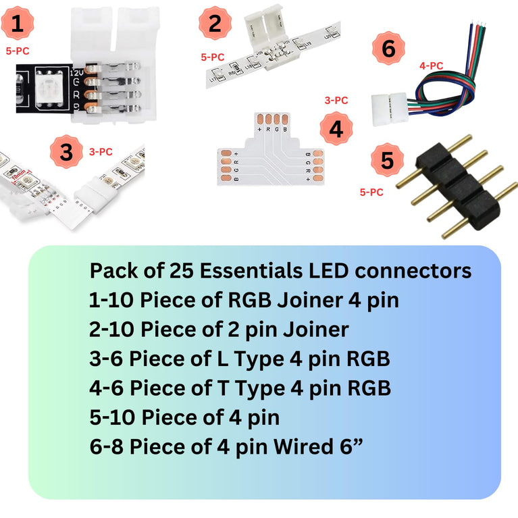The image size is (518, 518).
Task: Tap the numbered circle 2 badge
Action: point(215,24)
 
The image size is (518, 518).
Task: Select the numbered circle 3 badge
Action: point(66,152)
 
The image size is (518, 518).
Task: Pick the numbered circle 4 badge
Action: point(336,129)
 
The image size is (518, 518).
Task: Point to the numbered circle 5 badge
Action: point(386,161)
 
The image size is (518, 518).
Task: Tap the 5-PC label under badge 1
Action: point(18,49)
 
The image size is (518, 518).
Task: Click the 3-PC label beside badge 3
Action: point(101,152)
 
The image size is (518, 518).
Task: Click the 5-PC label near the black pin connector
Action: point(371,192)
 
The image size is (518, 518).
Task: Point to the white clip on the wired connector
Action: point(385,107)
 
